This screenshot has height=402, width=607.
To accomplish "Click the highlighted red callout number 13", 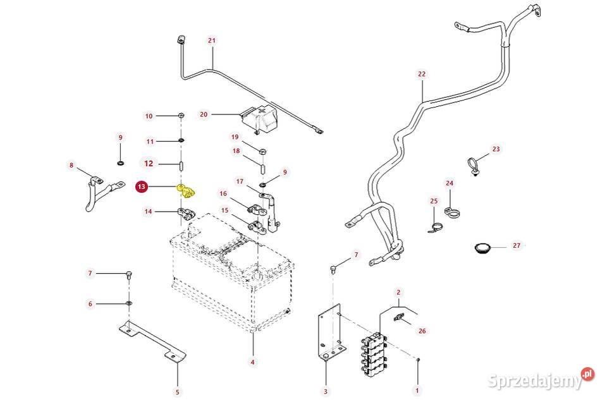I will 142,186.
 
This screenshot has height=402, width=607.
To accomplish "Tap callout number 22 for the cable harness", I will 422,74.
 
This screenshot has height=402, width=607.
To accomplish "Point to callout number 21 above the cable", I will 212,40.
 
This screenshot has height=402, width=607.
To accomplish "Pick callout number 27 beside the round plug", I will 517,245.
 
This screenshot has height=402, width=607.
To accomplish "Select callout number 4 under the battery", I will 252,362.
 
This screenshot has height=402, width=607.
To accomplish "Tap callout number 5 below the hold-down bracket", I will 177,392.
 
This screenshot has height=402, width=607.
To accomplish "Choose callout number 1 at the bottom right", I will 417,389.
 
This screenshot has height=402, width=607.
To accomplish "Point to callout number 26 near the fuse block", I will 422,331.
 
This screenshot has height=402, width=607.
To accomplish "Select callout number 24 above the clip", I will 450,184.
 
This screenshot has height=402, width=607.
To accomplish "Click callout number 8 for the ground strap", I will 71,166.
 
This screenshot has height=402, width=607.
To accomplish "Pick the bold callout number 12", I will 149,163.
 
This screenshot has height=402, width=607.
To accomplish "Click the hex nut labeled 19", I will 263,152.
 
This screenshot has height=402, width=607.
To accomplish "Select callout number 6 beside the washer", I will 90,304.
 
